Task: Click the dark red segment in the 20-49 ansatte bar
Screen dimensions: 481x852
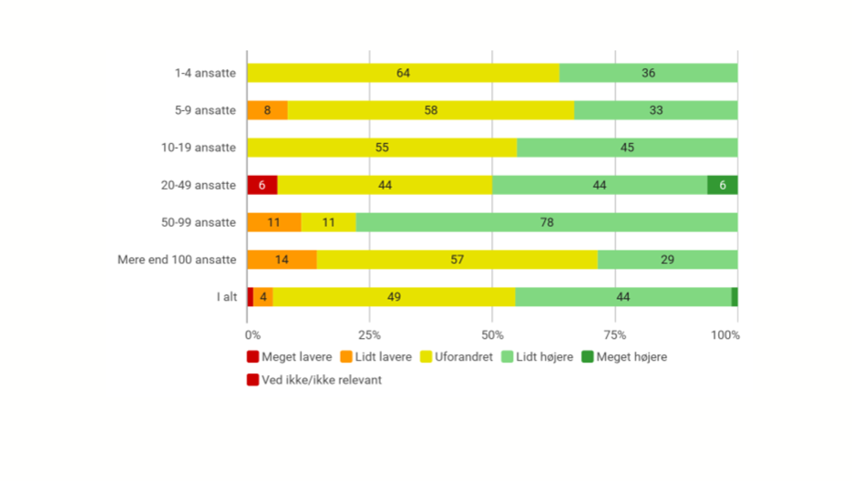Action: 262,185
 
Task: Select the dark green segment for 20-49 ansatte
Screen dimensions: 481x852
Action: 722,185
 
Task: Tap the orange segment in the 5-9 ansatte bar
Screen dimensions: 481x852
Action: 267,110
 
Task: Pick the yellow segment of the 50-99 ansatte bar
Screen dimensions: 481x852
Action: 328,222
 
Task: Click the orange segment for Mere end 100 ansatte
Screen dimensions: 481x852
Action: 282,260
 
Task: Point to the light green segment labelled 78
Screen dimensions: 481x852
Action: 546,222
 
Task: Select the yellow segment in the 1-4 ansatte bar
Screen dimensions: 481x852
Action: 403,73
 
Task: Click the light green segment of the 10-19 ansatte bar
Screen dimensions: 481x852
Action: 627,148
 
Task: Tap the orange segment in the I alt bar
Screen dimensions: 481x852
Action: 263,297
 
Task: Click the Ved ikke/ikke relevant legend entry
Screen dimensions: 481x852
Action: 314,380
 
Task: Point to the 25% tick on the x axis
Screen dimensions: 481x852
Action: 369,335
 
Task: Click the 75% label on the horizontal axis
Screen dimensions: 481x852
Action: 614,335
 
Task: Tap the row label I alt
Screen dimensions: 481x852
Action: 226,297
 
